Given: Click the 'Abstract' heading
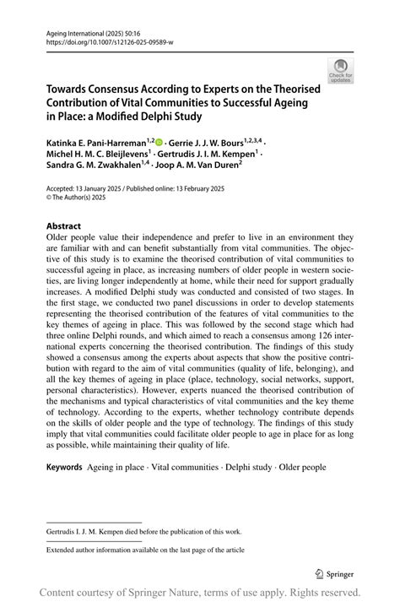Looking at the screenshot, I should click(64, 226).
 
